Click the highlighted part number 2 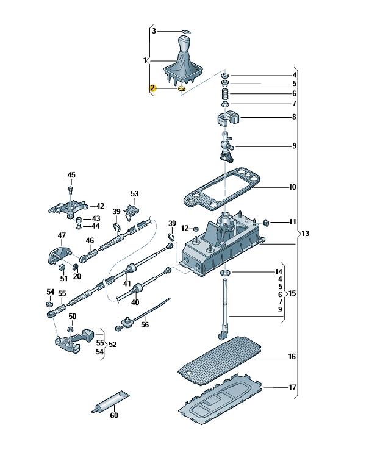tap(152, 88)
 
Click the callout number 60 tap(113, 416)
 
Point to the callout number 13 tap(306, 234)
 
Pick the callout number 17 tap(292, 387)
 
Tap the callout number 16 tap(292, 356)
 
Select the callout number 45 tap(71, 176)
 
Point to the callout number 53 tap(134, 194)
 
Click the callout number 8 tap(294, 116)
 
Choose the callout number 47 tap(62, 235)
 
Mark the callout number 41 tap(127, 284)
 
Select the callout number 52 tap(112, 345)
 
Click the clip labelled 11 tap(267, 222)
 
